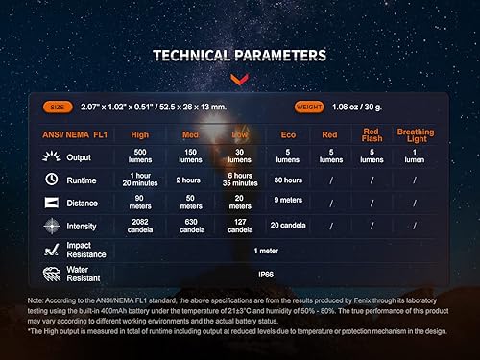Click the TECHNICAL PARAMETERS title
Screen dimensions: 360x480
239,56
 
